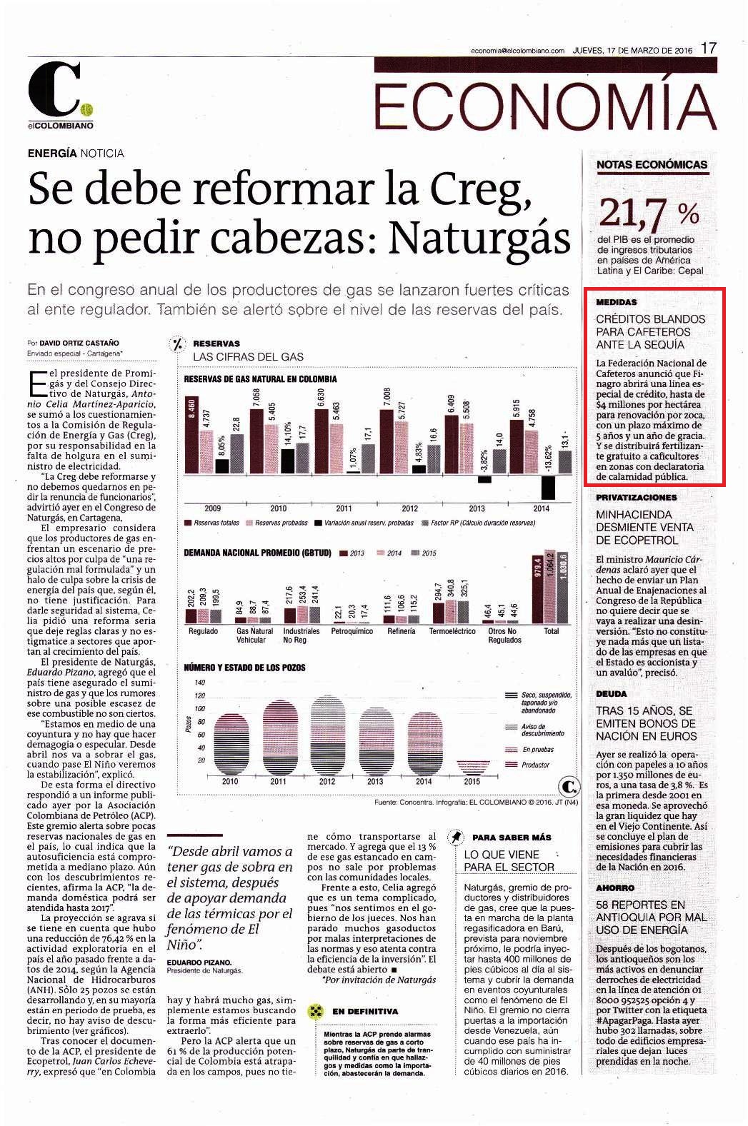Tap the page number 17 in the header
click(x=708, y=49)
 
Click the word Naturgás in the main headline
click(x=480, y=238)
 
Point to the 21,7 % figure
click(x=649, y=213)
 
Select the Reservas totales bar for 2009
click(x=191, y=434)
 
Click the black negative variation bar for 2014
click(x=548, y=488)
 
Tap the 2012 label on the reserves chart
click(x=410, y=508)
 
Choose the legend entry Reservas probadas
click(x=276, y=523)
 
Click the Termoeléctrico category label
click(x=452, y=631)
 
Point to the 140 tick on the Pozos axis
click(x=200, y=682)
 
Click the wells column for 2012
click(x=327, y=735)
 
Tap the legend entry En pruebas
click(x=529, y=750)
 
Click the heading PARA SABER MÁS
click(x=512, y=838)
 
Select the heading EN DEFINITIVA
click(x=365, y=1011)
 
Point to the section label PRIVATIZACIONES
click(x=637, y=498)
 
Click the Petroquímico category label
click(x=352, y=631)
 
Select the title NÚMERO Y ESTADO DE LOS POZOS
click(x=244, y=668)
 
